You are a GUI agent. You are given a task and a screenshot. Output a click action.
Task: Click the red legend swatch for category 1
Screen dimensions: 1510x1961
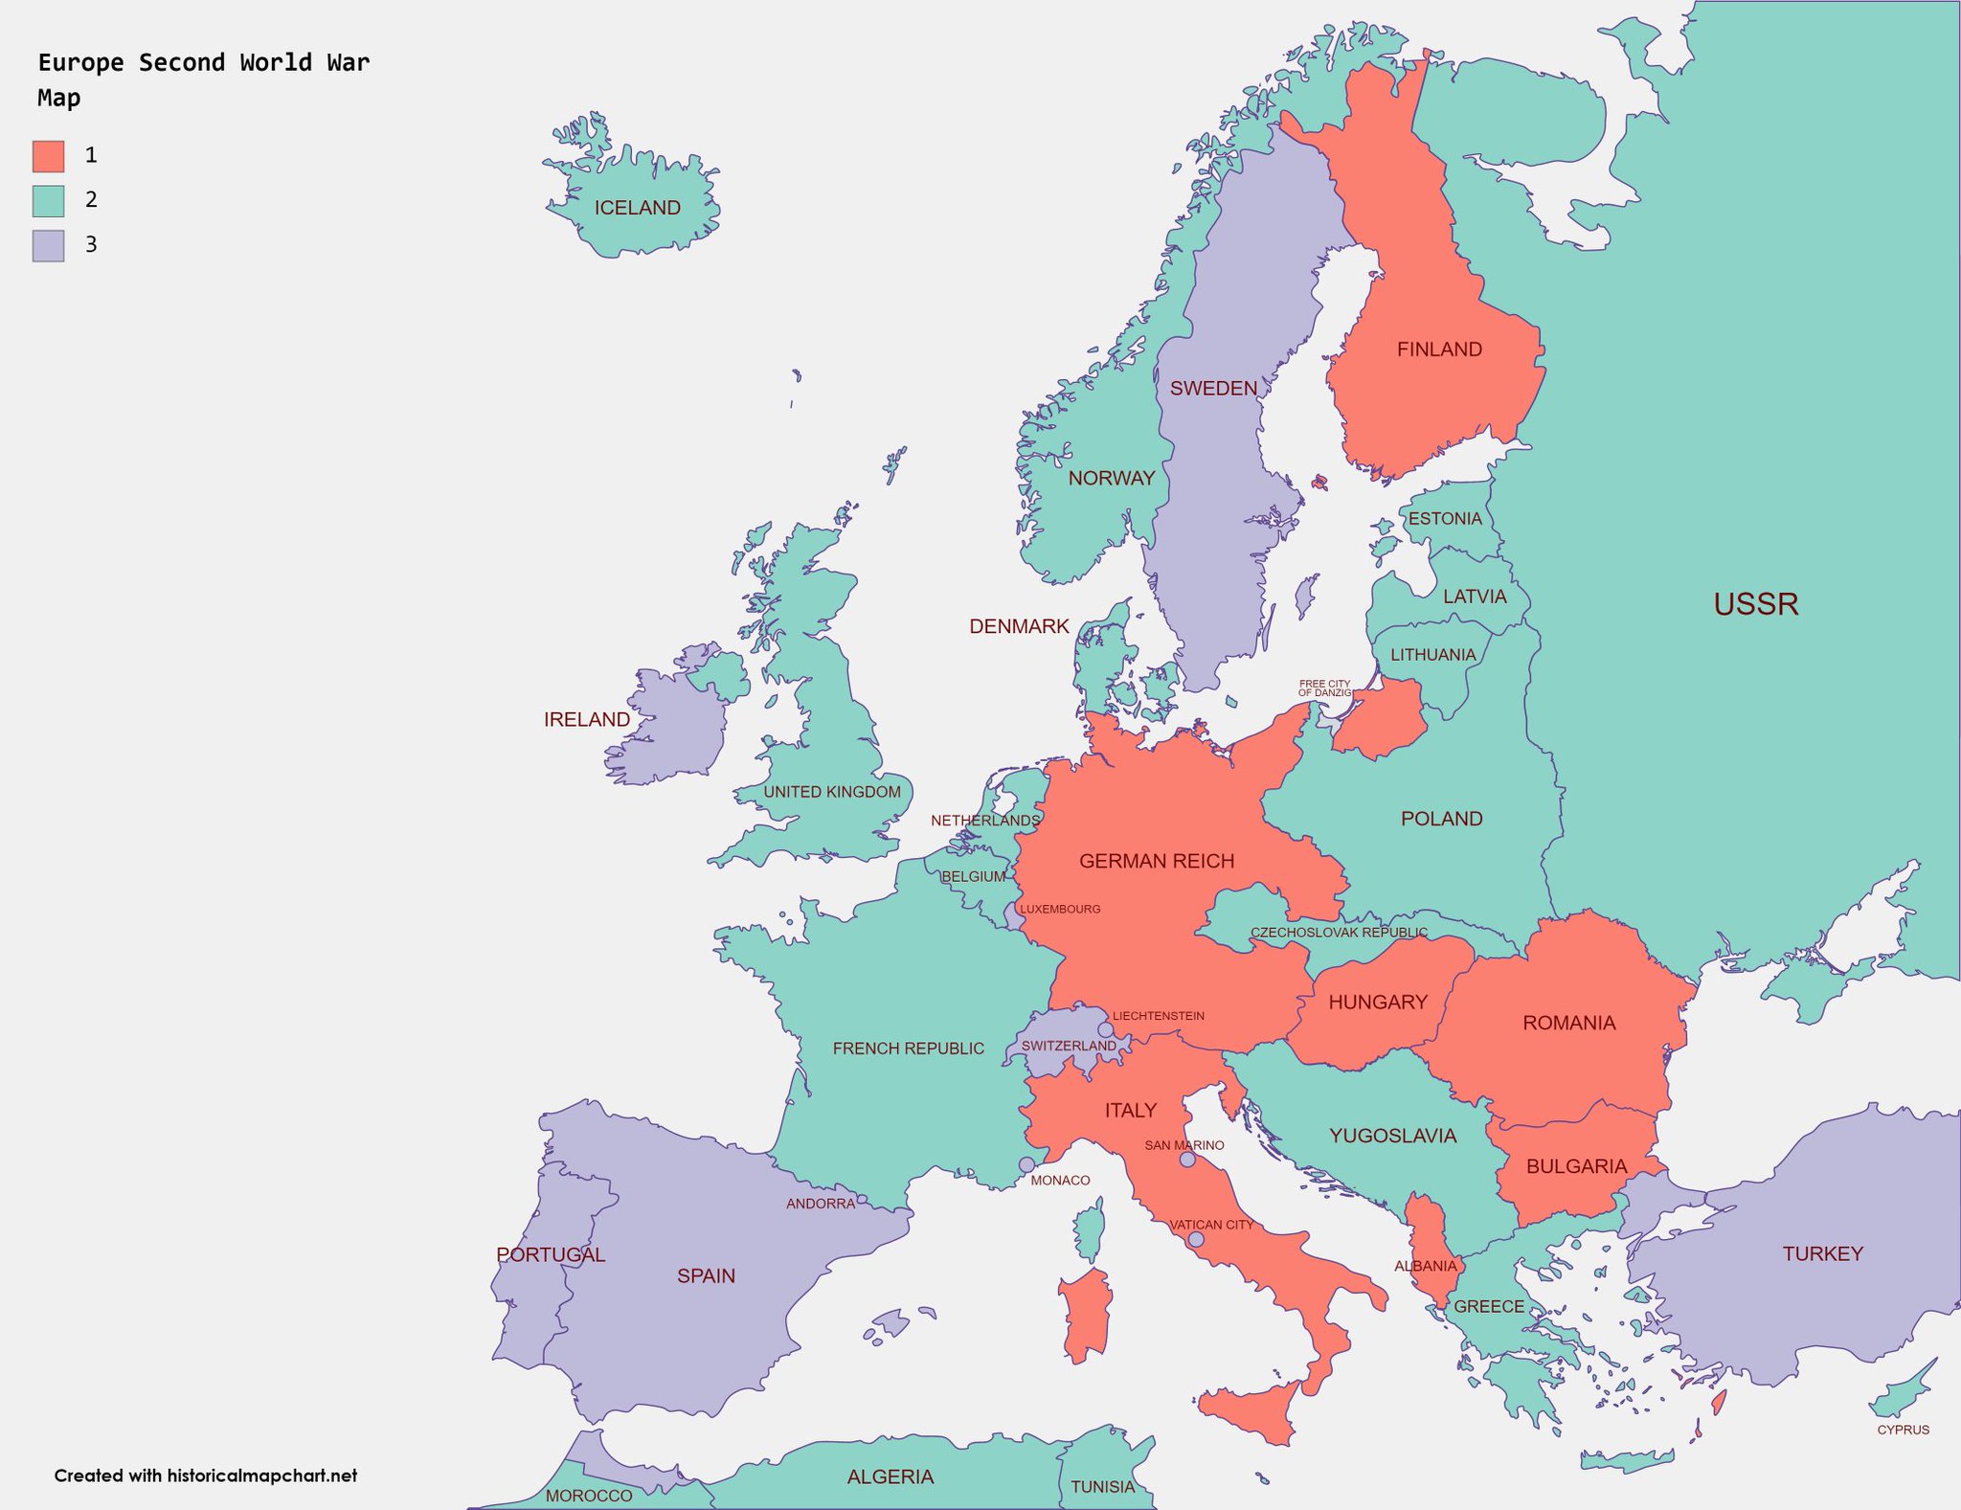coord(48,155)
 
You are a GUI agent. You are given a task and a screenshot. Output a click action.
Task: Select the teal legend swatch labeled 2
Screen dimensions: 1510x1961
coord(48,200)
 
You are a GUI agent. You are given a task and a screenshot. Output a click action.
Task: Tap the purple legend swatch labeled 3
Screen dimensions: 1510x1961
coord(48,245)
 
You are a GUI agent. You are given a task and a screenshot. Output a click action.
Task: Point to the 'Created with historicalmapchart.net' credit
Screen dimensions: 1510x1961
coord(205,1476)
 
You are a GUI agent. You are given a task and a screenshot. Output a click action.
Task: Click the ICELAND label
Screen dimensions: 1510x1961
coord(637,208)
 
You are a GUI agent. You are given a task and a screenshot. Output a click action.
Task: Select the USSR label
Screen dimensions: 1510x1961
coord(1755,604)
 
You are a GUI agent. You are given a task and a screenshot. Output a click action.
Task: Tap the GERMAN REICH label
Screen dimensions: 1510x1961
coord(1156,861)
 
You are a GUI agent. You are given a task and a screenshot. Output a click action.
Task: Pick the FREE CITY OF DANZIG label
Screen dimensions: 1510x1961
coord(1324,687)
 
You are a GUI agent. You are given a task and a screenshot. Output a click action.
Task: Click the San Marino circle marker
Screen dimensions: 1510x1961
coord(1187,1160)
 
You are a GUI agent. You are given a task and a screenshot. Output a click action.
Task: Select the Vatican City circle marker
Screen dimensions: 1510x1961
coord(1196,1239)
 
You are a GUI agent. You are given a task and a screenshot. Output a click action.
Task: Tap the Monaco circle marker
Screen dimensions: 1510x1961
coord(1026,1164)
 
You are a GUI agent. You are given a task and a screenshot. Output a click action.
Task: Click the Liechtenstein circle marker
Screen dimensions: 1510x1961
coord(1105,1029)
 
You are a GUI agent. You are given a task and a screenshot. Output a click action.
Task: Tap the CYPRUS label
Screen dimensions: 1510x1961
coord(1903,1430)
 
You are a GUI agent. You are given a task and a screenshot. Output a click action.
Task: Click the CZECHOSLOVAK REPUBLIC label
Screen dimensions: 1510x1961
coord(1339,932)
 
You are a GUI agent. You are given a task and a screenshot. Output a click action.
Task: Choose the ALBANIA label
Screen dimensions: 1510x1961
coord(1425,1266)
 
